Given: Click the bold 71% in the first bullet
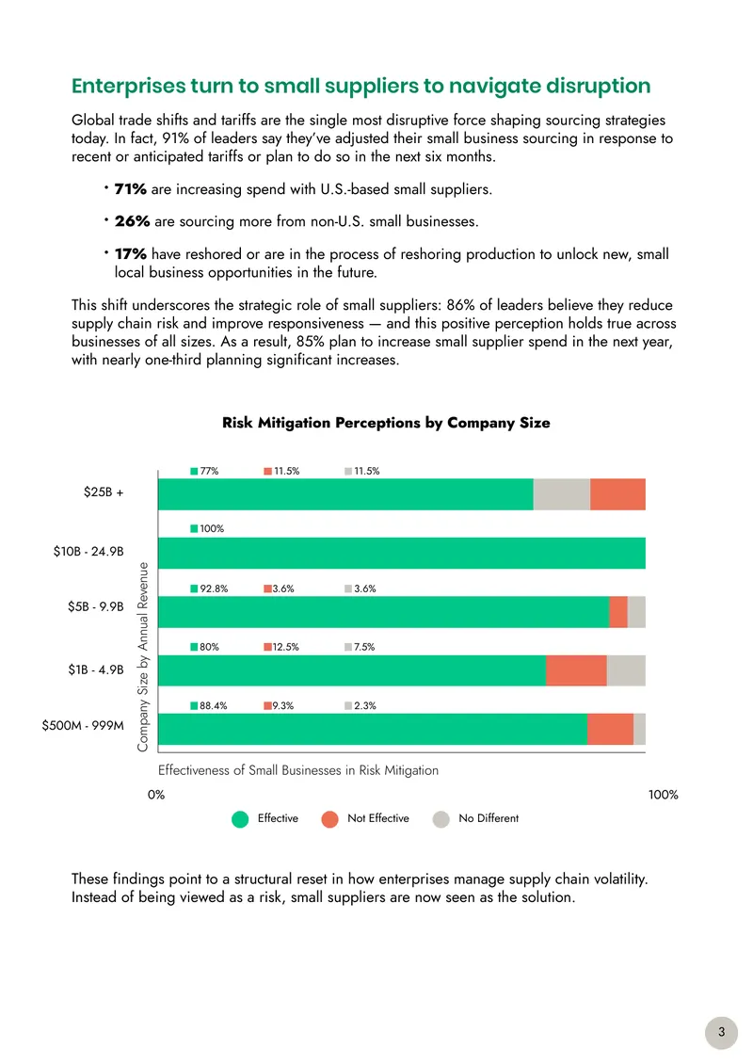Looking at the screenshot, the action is [130, 188].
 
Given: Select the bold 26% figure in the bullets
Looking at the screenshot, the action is [132, 221].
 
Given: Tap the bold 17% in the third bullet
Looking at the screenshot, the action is [130, 254].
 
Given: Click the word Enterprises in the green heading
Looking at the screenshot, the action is [129, 87].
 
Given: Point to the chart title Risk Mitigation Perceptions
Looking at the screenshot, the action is [386, 423].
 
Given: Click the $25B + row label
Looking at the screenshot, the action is [104, 492].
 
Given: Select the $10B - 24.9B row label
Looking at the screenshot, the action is [88, 551].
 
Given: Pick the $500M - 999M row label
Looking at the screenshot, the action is [83, 725].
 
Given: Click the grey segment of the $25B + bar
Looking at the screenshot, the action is [562, 494].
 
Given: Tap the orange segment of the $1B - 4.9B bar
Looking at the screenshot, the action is [576, 670].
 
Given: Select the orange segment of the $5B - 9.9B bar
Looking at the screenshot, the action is [618, 612].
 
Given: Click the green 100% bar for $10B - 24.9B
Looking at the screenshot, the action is [402, 553].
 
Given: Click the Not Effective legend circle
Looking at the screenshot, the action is [329, 819].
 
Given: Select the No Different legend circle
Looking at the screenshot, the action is [441, 819].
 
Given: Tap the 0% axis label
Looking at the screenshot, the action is [156, 795].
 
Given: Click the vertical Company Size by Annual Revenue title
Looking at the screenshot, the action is [142, 657].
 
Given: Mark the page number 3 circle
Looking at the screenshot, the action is [721, 1032].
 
